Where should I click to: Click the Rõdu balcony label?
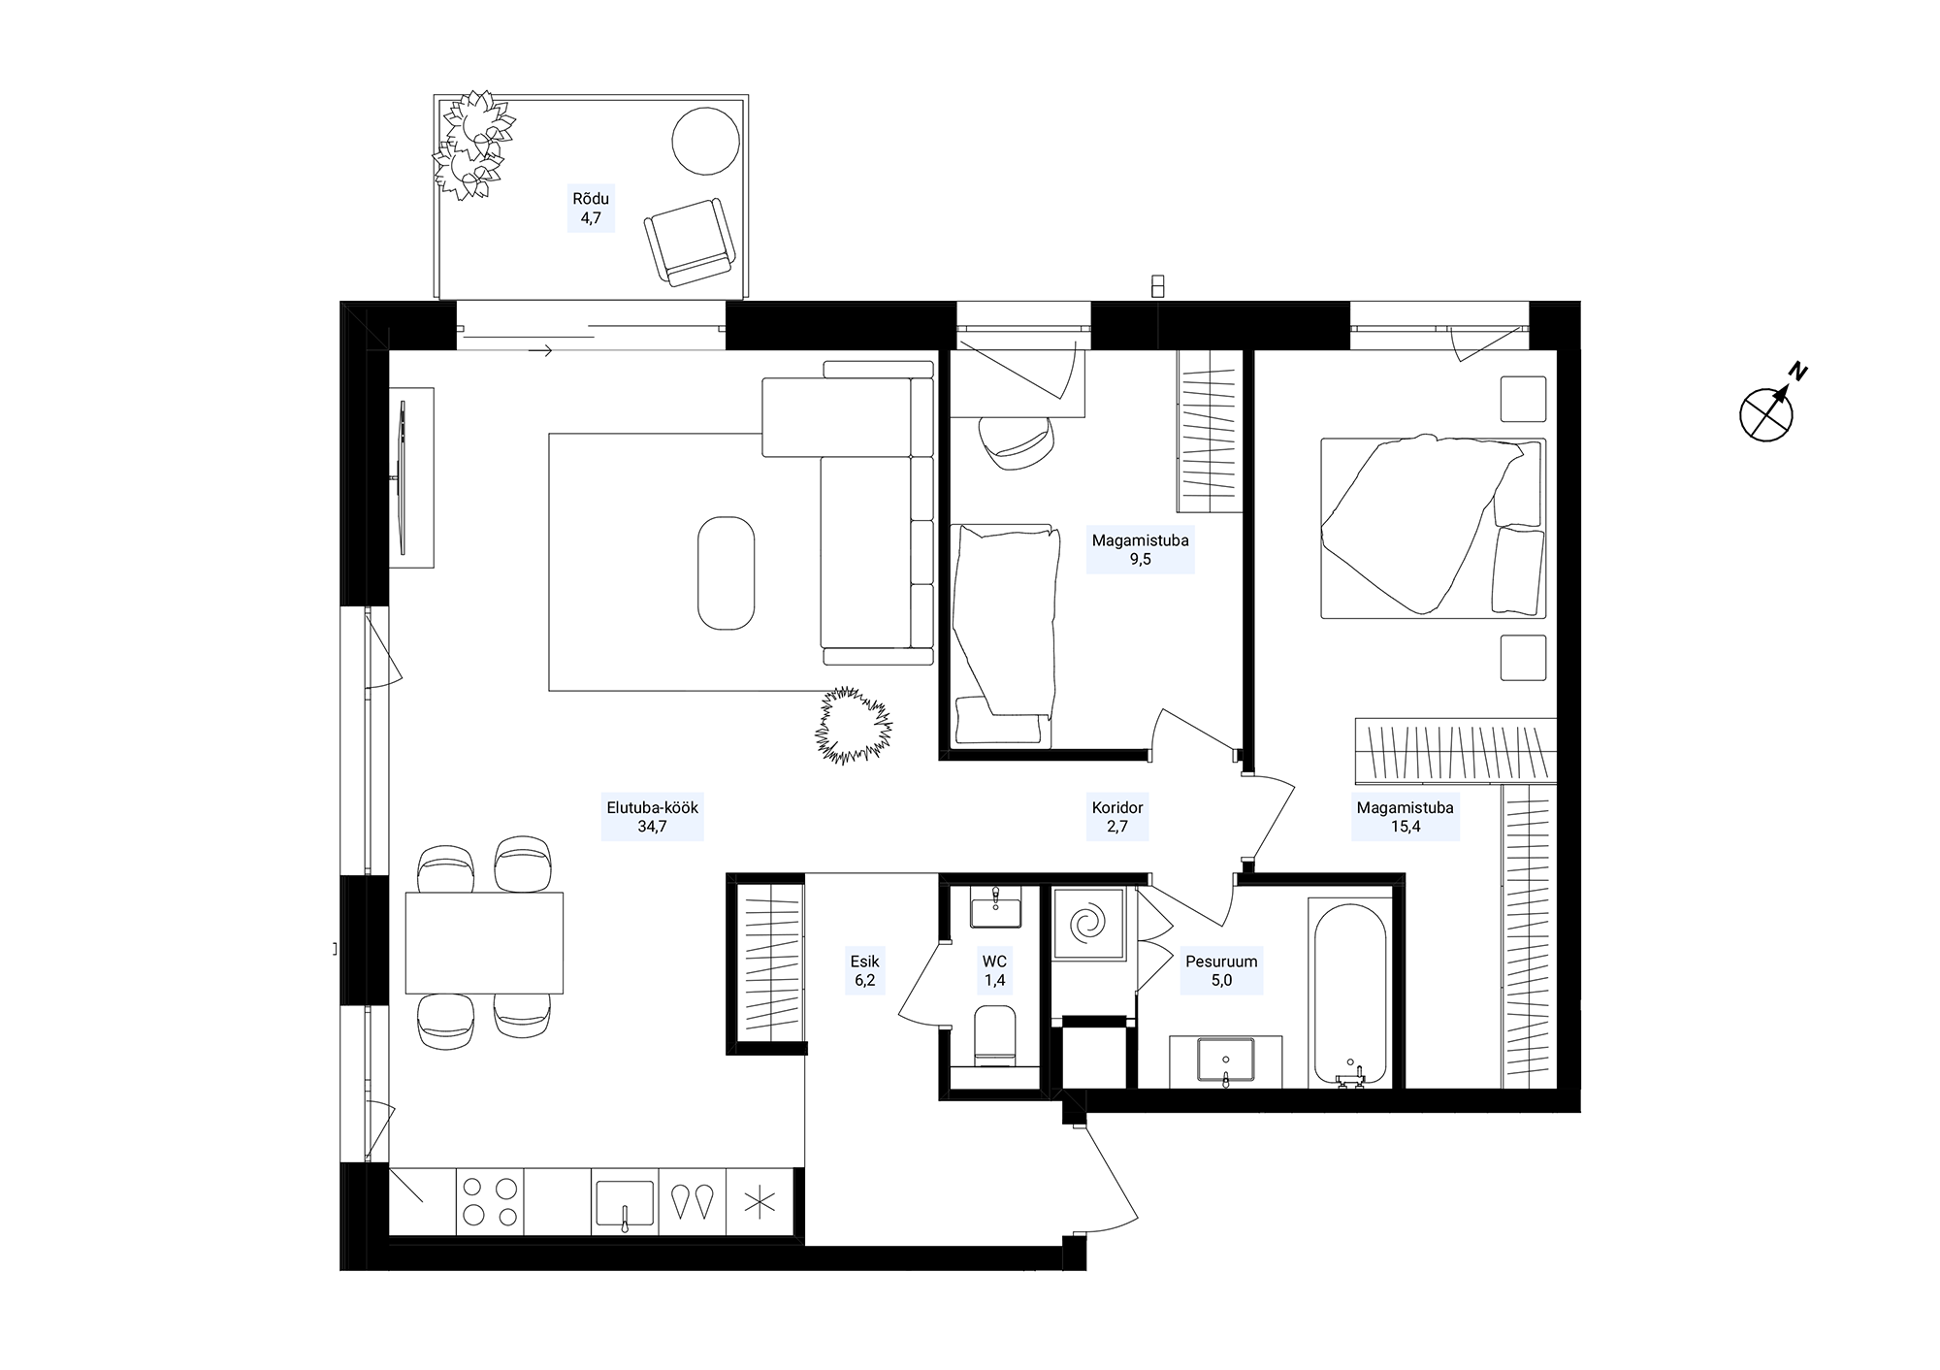590,208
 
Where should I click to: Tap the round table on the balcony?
706,141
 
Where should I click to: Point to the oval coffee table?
726,572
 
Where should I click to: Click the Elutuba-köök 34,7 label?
652,817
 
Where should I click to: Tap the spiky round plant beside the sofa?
853,725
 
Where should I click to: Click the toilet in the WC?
993,1035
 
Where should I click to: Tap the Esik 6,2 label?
864,971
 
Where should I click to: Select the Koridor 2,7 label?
1117,817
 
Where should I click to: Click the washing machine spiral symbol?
1089,921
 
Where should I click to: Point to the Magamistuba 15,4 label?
1405,817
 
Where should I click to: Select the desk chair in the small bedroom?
1016,442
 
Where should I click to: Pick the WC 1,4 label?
994,971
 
